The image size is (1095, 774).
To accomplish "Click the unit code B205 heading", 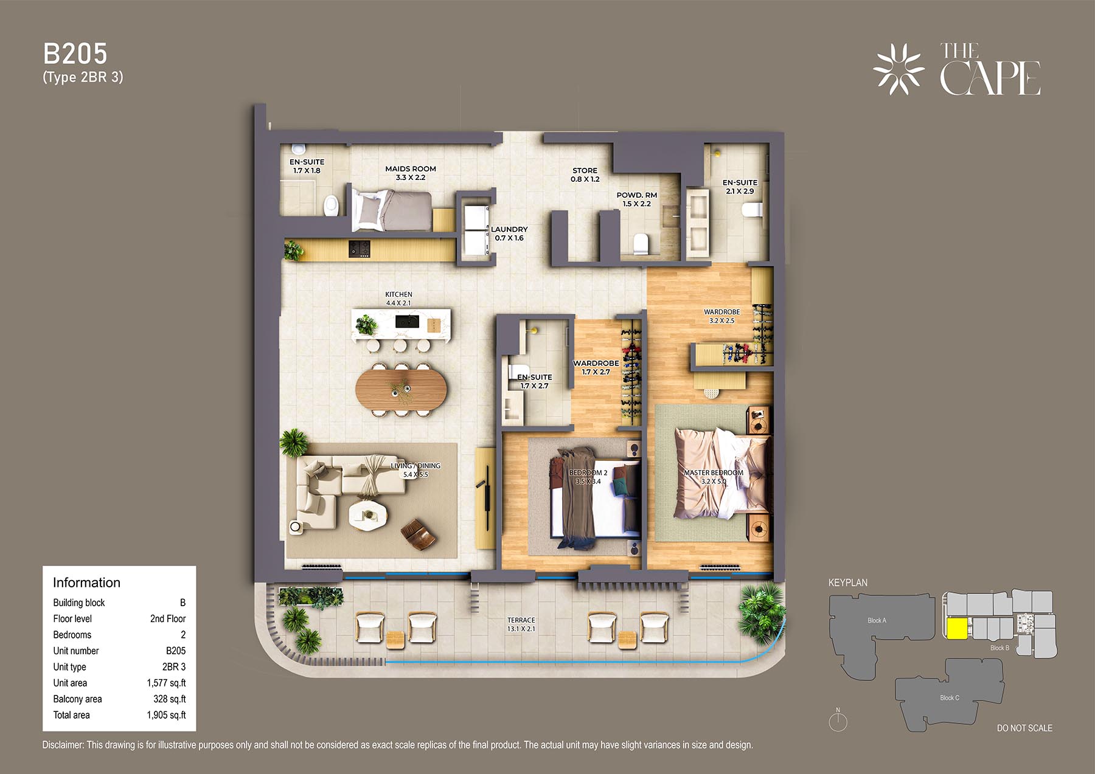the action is pos(75,54).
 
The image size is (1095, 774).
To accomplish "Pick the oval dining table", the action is pos(401,390).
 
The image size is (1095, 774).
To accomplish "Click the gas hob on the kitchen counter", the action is pos(359,249).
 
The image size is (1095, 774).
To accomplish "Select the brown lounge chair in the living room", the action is pos(419,534).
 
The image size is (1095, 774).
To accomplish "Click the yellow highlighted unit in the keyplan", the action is pos(957,629).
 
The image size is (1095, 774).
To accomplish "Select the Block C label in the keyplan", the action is pos(950,698).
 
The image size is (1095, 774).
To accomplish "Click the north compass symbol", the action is pos(838,720).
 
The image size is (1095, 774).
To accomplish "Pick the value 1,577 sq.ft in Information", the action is pos(166,683).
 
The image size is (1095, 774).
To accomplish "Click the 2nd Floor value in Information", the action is pos(168,618).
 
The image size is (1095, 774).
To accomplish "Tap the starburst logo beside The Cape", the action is pos(899,69).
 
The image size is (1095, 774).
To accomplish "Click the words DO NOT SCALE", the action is pos(1024,728).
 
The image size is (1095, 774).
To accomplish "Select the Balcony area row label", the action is pos(77,699).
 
